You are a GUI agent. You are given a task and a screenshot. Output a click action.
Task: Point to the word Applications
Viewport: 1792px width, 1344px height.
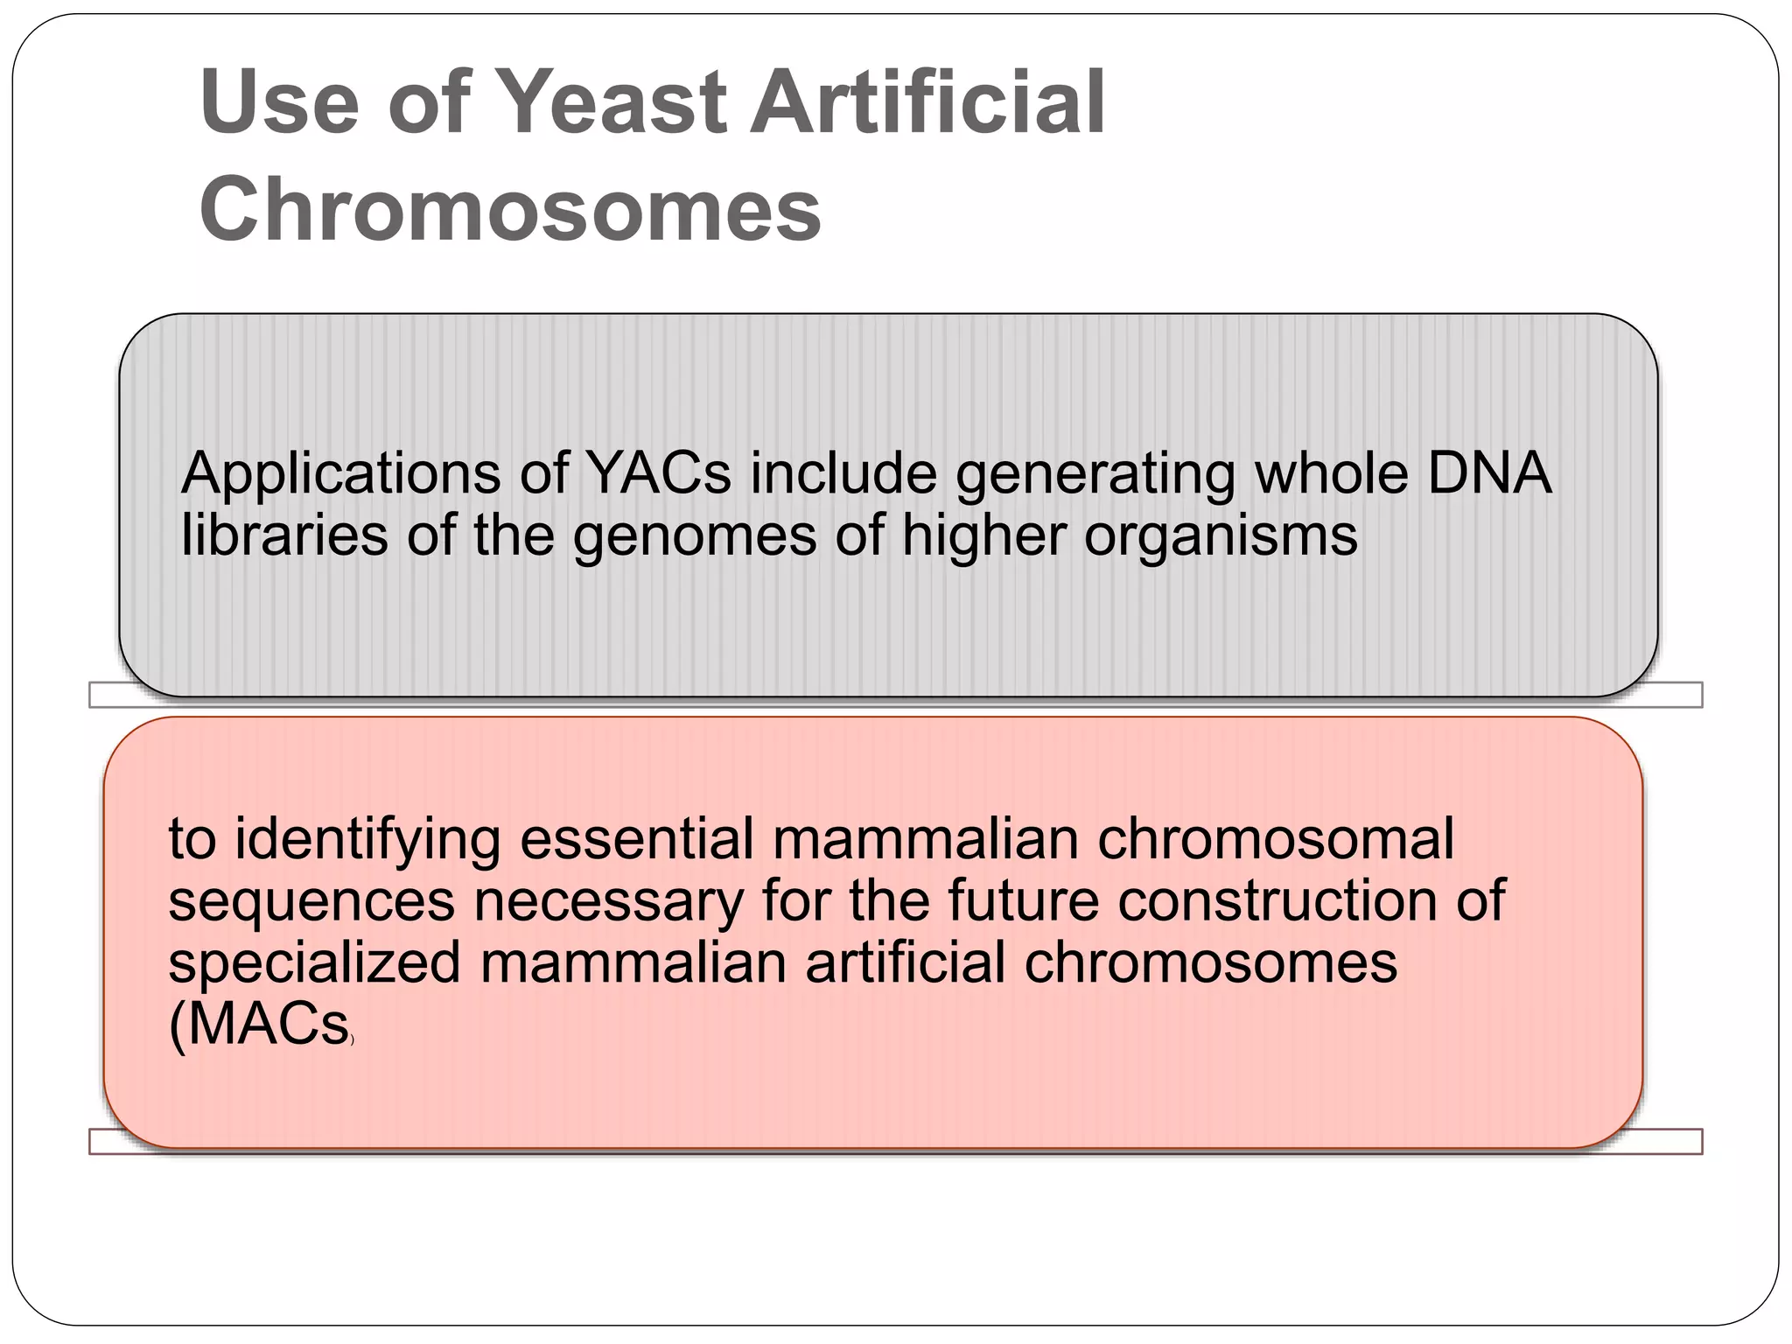(341, 475)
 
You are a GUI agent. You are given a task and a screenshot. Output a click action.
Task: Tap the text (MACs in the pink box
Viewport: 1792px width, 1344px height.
(259, 1025)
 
